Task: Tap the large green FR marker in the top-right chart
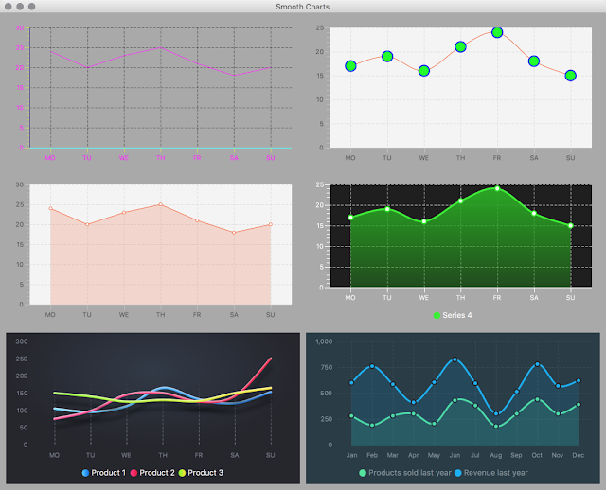click(497, 32)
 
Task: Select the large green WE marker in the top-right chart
click(424, 71)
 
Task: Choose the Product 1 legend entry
click(104, 472)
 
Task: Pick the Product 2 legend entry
click(152, 472)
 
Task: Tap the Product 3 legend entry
click(201, 472)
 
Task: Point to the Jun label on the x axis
click(454, 455)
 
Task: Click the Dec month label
click(578, 455)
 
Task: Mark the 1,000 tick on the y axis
click(324, 341)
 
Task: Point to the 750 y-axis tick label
click(327, 367)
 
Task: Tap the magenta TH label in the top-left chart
click(161, 157)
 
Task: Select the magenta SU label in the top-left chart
click(271, 157)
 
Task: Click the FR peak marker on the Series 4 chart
click(497, 188)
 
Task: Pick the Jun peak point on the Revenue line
click(454, 359)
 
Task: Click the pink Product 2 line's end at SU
click(271, 359)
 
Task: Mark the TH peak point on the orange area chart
click(161, 204)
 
